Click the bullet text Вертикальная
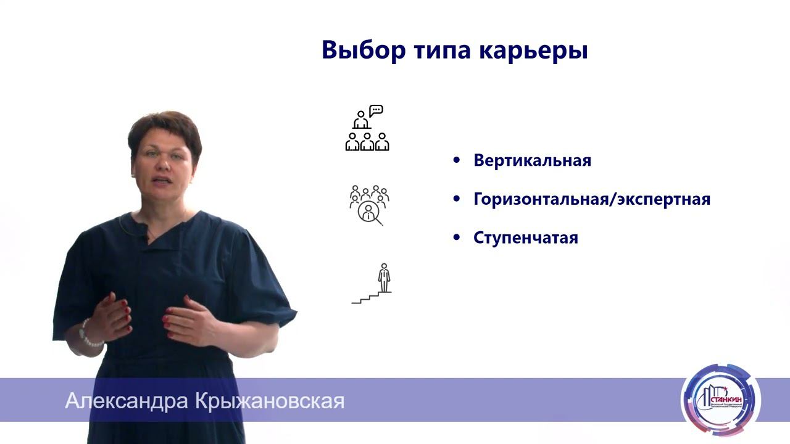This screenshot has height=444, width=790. [532, 161]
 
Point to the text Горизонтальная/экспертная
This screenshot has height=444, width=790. [592, 200]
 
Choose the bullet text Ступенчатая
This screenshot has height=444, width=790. [525, 239]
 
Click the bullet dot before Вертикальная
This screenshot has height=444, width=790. [457, 160]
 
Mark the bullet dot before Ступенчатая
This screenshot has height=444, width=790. [457, 237]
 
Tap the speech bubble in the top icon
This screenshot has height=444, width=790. [376, 110]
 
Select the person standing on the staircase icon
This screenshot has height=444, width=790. [384, 277]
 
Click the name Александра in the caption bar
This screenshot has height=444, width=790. [126, 401]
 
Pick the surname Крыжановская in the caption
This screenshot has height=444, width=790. [269, 401]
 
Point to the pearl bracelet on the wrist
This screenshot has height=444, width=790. [88, 334]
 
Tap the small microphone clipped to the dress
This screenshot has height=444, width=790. [146, 236]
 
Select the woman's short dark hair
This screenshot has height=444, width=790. [163, 127]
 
